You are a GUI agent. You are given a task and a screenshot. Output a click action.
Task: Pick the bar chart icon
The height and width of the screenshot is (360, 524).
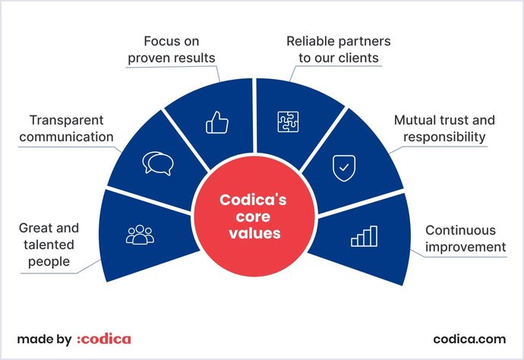coord(364,236)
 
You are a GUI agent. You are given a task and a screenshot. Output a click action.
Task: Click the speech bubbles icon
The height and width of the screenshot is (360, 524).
coord(159,163)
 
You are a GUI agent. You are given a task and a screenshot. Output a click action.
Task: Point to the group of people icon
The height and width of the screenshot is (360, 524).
coord(139,235)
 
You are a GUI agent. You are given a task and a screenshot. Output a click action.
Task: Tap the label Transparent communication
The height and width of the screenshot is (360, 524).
coord(71,129)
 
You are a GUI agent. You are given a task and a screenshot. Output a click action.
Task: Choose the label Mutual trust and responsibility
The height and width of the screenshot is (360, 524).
coord(444,129)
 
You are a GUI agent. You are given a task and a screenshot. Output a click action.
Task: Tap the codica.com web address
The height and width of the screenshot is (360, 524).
coord(469,339)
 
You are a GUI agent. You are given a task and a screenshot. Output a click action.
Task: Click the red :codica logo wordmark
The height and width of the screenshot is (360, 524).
coord(104,339)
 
